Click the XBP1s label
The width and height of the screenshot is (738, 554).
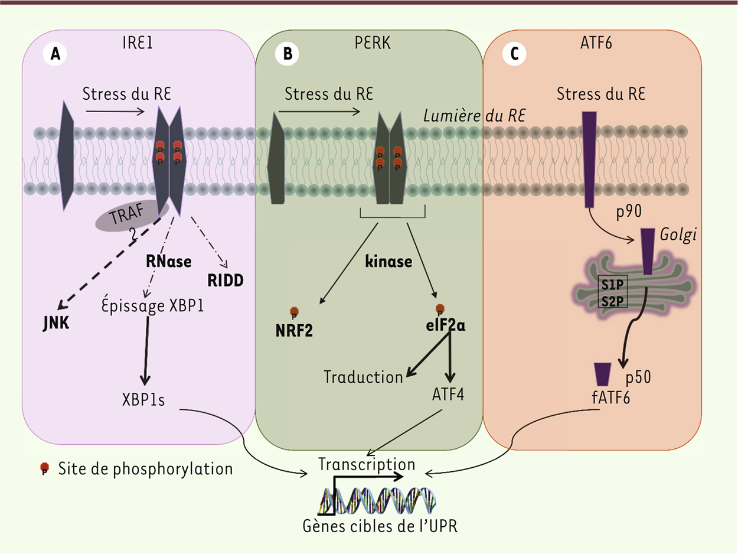pyautogui.click(x=144, y=400)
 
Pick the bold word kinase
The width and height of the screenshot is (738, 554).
pyautogui.click(x=388, y=261)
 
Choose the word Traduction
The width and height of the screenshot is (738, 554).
pyautogui.click(x=363, y=377)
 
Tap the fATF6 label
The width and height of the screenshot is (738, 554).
pyautogui.click(x=608, y=398)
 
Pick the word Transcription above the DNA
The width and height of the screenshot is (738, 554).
pyautogui.click(x=367, y=465)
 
